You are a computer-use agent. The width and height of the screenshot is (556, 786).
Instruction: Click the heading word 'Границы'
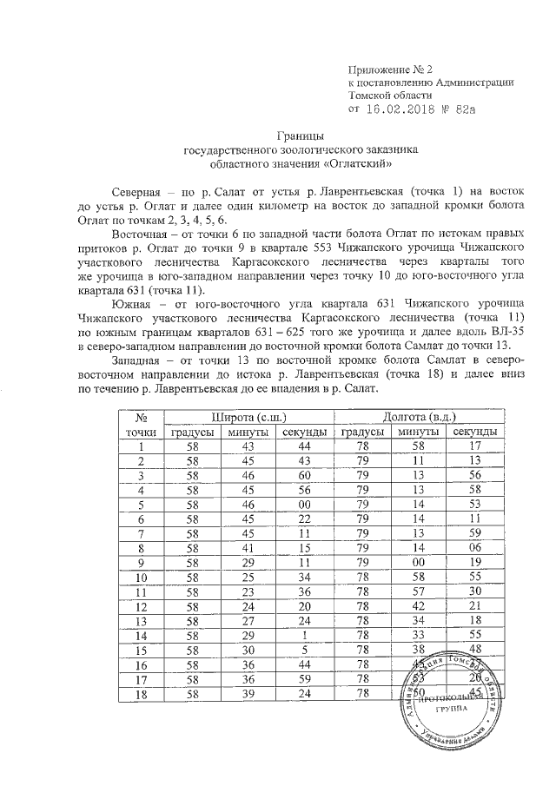click(x=301, y=136)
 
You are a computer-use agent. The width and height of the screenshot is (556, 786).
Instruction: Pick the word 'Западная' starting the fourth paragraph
click(x=142, y=359)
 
